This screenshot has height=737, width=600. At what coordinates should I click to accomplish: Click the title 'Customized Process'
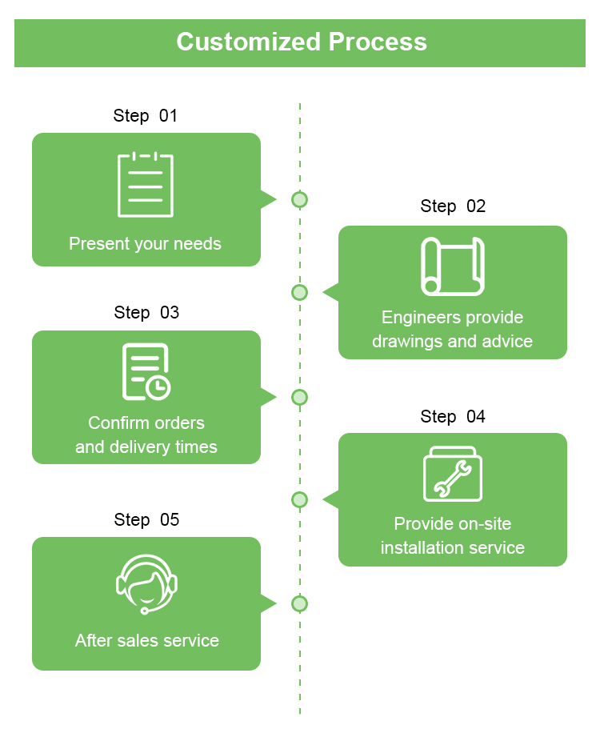click(301, 42)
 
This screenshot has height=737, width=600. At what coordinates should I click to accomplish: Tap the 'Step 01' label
click(145, 115)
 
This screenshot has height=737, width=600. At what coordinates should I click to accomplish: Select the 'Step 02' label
click(453, 206)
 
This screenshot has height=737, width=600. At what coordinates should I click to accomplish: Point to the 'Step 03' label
click(146, 312)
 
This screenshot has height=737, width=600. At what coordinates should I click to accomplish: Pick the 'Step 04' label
click(453, 416)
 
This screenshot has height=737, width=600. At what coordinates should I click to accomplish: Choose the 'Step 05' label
click(146, 519)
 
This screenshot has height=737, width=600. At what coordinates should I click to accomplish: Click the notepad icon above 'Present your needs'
click(146, 185)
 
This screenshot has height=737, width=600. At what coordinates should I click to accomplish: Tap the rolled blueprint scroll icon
click(453, 266)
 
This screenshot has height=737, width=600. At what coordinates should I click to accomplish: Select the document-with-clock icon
click(146, 372)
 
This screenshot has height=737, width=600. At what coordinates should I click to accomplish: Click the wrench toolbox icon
click(453, 475)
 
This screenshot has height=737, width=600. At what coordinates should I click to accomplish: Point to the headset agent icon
click(146, 583)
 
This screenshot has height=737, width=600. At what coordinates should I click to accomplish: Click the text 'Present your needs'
click(146, 243)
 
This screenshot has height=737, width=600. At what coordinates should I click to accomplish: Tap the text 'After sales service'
click(147, 640)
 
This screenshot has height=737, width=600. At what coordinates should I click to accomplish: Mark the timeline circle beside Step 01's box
click(299, 199)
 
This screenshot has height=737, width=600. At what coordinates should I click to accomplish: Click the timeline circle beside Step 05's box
click(299, 603)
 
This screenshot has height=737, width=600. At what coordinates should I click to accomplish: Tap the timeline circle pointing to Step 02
click(299, 292)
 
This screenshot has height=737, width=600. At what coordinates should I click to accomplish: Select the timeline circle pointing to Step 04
click(299, 500)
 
